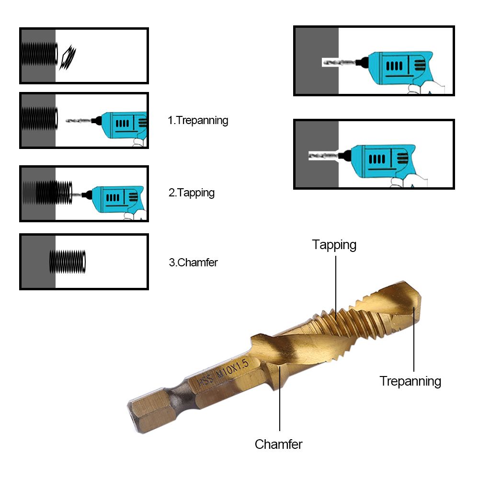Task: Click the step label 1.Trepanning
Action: coord(198,120)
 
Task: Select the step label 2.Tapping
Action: coord(191,193)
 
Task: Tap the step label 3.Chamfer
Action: coord(193,262)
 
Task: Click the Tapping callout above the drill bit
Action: coord(334,245)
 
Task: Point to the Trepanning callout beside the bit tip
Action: coord(410,381)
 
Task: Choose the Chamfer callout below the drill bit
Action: coord(278,444)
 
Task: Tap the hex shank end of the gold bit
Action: coord(144,412)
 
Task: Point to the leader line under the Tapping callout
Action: coord(335,283)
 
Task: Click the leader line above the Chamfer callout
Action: coord(279,402)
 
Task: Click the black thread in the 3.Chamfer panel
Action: coord(68,262)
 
